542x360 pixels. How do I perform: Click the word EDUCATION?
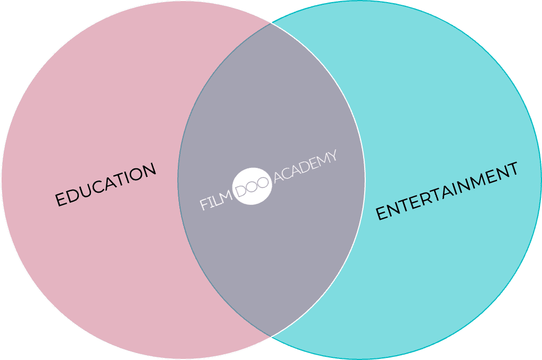[106, 185]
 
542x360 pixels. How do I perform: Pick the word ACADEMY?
[305, 168]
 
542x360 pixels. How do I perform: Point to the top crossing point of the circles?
[270, 23]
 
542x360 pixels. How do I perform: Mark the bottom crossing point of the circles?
[270, 337]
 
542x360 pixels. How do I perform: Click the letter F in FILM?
[204, 204]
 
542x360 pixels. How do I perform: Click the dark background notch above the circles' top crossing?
[270, 8]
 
